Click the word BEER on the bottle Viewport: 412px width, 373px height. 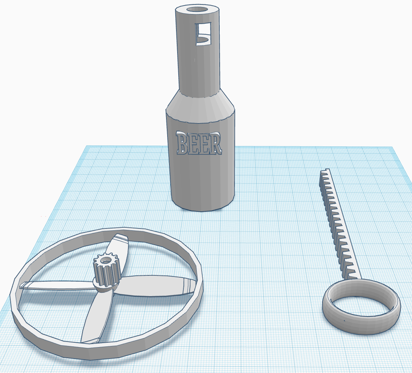click(x=199, y=143)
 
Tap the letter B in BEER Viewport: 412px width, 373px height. click(x=182, y=144)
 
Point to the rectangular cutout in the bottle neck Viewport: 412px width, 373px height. click(x=203, y=34)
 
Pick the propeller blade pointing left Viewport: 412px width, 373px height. click(x=55, y=285)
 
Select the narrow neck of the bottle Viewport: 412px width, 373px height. click(x=197, y=55)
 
